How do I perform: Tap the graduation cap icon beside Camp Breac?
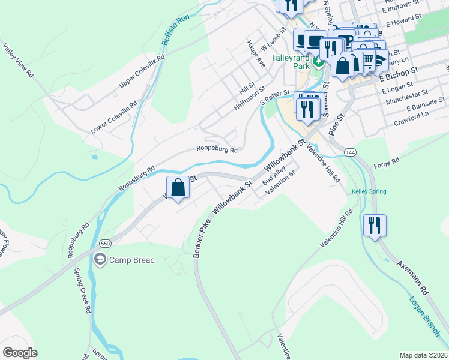[x=100, y=259]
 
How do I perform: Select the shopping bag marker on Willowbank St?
[x=178, y=188]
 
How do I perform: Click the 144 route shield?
[x=350, y=153]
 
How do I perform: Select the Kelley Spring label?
[x=369, y=191]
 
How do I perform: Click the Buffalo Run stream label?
[x=175, y=31]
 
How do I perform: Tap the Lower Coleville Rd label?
[x=113, y=117]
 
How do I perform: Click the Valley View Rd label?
[x=18, y=60]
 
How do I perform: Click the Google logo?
[x=20, y=353]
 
